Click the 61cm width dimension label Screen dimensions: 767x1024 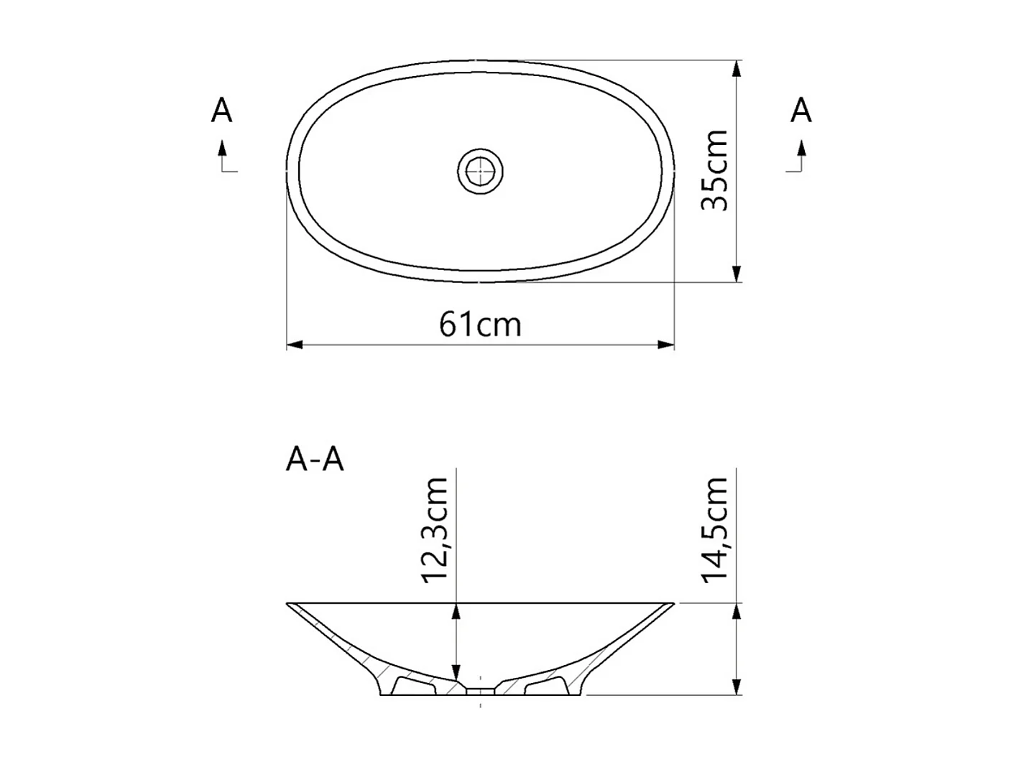pos(480,325)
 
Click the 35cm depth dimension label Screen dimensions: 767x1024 pos(715,171)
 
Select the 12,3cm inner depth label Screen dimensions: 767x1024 pos(435,530)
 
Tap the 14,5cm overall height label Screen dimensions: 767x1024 pos(715,530)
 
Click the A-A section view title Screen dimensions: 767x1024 pos(315,460)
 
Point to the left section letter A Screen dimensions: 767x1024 pos(222,111)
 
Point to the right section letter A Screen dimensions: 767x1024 pos(801,111)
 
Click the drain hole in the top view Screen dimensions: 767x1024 pos(480,171)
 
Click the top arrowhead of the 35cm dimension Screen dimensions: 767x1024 pos(737,69)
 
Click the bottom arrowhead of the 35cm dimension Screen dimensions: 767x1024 pos(737,274)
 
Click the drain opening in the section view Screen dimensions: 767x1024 pos(480,691)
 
